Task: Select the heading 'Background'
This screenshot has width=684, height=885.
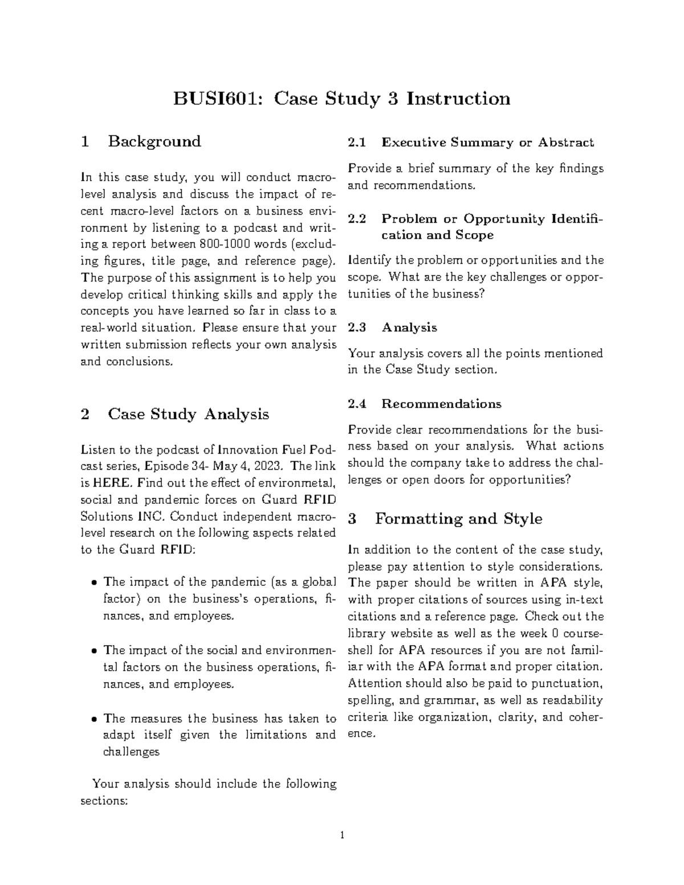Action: [x=154, y=141]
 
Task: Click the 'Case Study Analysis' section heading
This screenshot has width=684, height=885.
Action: [x=188, y=414]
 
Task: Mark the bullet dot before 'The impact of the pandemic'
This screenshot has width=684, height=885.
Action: [x=94, y=583]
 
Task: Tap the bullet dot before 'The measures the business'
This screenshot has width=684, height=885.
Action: [x=94, y=719]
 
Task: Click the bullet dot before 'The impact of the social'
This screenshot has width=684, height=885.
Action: [x=94, y=651]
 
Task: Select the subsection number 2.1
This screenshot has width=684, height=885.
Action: [x=357, y=142]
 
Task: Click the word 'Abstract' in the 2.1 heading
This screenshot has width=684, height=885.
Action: [x=565, y=142]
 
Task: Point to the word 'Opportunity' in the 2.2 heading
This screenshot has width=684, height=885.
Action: [x=504, y=219]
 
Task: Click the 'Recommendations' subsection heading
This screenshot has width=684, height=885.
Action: [x=441, y=404]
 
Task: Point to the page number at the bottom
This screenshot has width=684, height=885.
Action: [x=341, y=836]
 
